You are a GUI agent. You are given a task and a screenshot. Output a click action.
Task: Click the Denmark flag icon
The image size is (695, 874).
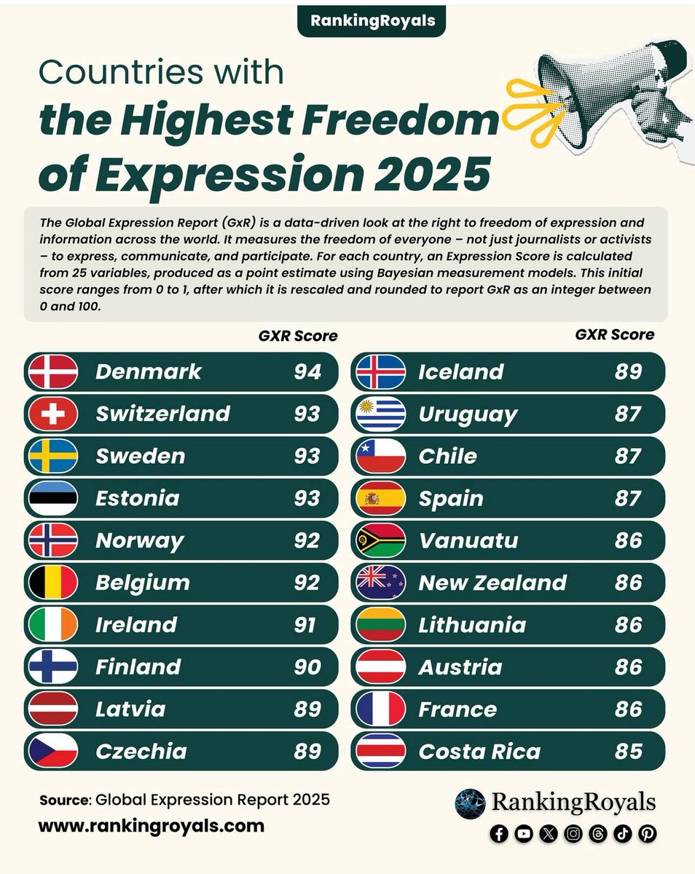pyautogui.click(x=52, y=371)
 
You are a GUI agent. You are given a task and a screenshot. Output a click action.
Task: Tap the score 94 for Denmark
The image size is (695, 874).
pyautogui.click(x=307, y=371)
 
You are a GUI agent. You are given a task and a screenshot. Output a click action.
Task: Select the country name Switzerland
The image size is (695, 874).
pyautogui.click(x=162, y=414)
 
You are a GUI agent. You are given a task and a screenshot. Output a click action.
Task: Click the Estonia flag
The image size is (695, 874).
pyautogui.click(x=52, y=498)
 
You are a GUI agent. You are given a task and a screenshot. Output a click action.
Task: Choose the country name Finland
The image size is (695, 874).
pyautogui.click(x=138, y=667)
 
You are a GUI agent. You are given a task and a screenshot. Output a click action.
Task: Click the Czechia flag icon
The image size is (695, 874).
pyautogui.click(x=52, y=752)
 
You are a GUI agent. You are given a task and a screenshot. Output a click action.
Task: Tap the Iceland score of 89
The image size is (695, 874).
pyautogui.click(x=628, y=371)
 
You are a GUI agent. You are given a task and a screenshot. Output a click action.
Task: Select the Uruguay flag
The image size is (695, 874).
pyautogui.click(x=380, y=414)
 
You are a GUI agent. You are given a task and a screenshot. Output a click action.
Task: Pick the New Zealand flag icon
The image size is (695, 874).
pyautogui.click(x=380, y=583)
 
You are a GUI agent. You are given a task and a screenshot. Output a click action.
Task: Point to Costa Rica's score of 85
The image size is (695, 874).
pyautogui.click(x=628, y=752)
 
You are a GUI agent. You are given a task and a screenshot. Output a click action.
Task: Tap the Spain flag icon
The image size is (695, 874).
pyautogui.click(x=380, y=498)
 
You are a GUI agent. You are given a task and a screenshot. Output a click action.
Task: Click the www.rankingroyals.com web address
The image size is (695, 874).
pyautogui.click(x=151, y=826)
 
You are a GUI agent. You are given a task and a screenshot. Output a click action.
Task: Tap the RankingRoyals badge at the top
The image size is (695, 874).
pyautogui.click(x=372, y=20)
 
